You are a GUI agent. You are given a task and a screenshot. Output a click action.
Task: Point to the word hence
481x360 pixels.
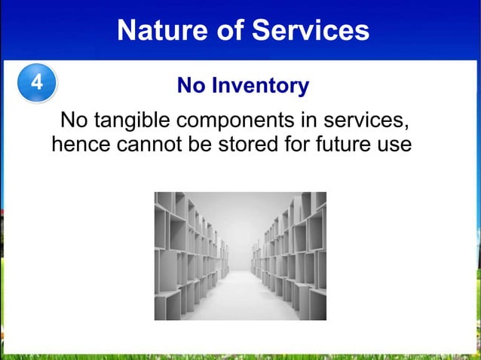81,143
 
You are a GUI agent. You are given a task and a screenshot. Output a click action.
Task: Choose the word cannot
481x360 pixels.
150,143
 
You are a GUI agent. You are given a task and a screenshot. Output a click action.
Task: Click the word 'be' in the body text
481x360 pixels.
201,143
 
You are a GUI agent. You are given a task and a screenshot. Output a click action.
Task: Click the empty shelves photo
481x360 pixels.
240,255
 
